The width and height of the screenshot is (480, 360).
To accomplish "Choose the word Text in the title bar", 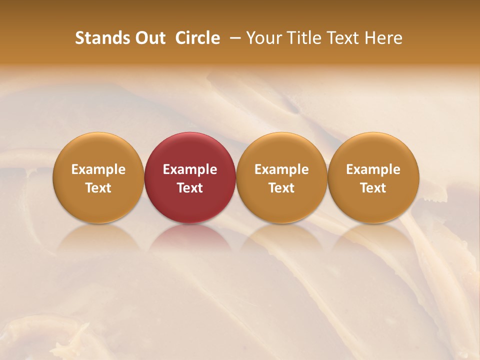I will pos(343,38).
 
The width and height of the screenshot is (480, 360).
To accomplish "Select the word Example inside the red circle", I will pos(190,169).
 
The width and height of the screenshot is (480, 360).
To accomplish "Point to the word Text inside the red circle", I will pos(190,188).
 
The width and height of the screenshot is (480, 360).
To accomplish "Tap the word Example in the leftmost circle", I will pos(98,169).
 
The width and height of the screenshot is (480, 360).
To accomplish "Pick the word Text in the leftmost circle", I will pos(98,188).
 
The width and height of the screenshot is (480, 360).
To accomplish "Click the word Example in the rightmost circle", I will pos(373,169).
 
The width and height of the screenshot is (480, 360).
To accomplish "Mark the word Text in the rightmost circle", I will pos(373,188).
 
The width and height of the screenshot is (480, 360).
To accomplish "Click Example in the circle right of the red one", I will pos(281,169).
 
